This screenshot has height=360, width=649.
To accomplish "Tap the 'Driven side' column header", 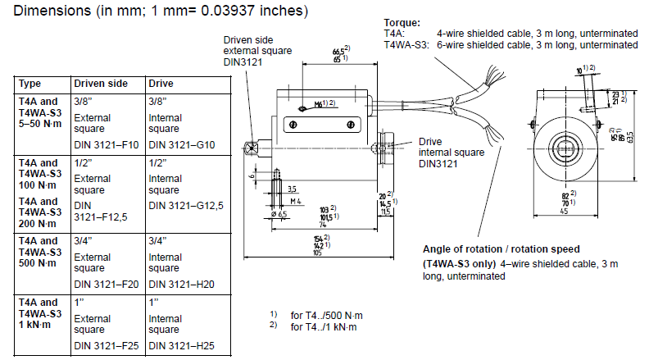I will pyautogui.click(x=101, y=84).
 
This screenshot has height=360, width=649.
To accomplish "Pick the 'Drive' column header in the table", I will pyautogui.click(x=161, y=84).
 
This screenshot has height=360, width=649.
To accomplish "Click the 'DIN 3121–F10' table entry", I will pyautogui.click(x=107, y=145).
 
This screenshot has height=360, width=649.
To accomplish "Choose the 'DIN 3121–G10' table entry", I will pyautogui.click(x=181, y=145).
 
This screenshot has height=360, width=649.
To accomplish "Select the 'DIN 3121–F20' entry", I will pyautogui.click(x=107, y=284).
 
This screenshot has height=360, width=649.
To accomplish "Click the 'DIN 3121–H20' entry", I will pyautogui.click(x=181, y=284).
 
